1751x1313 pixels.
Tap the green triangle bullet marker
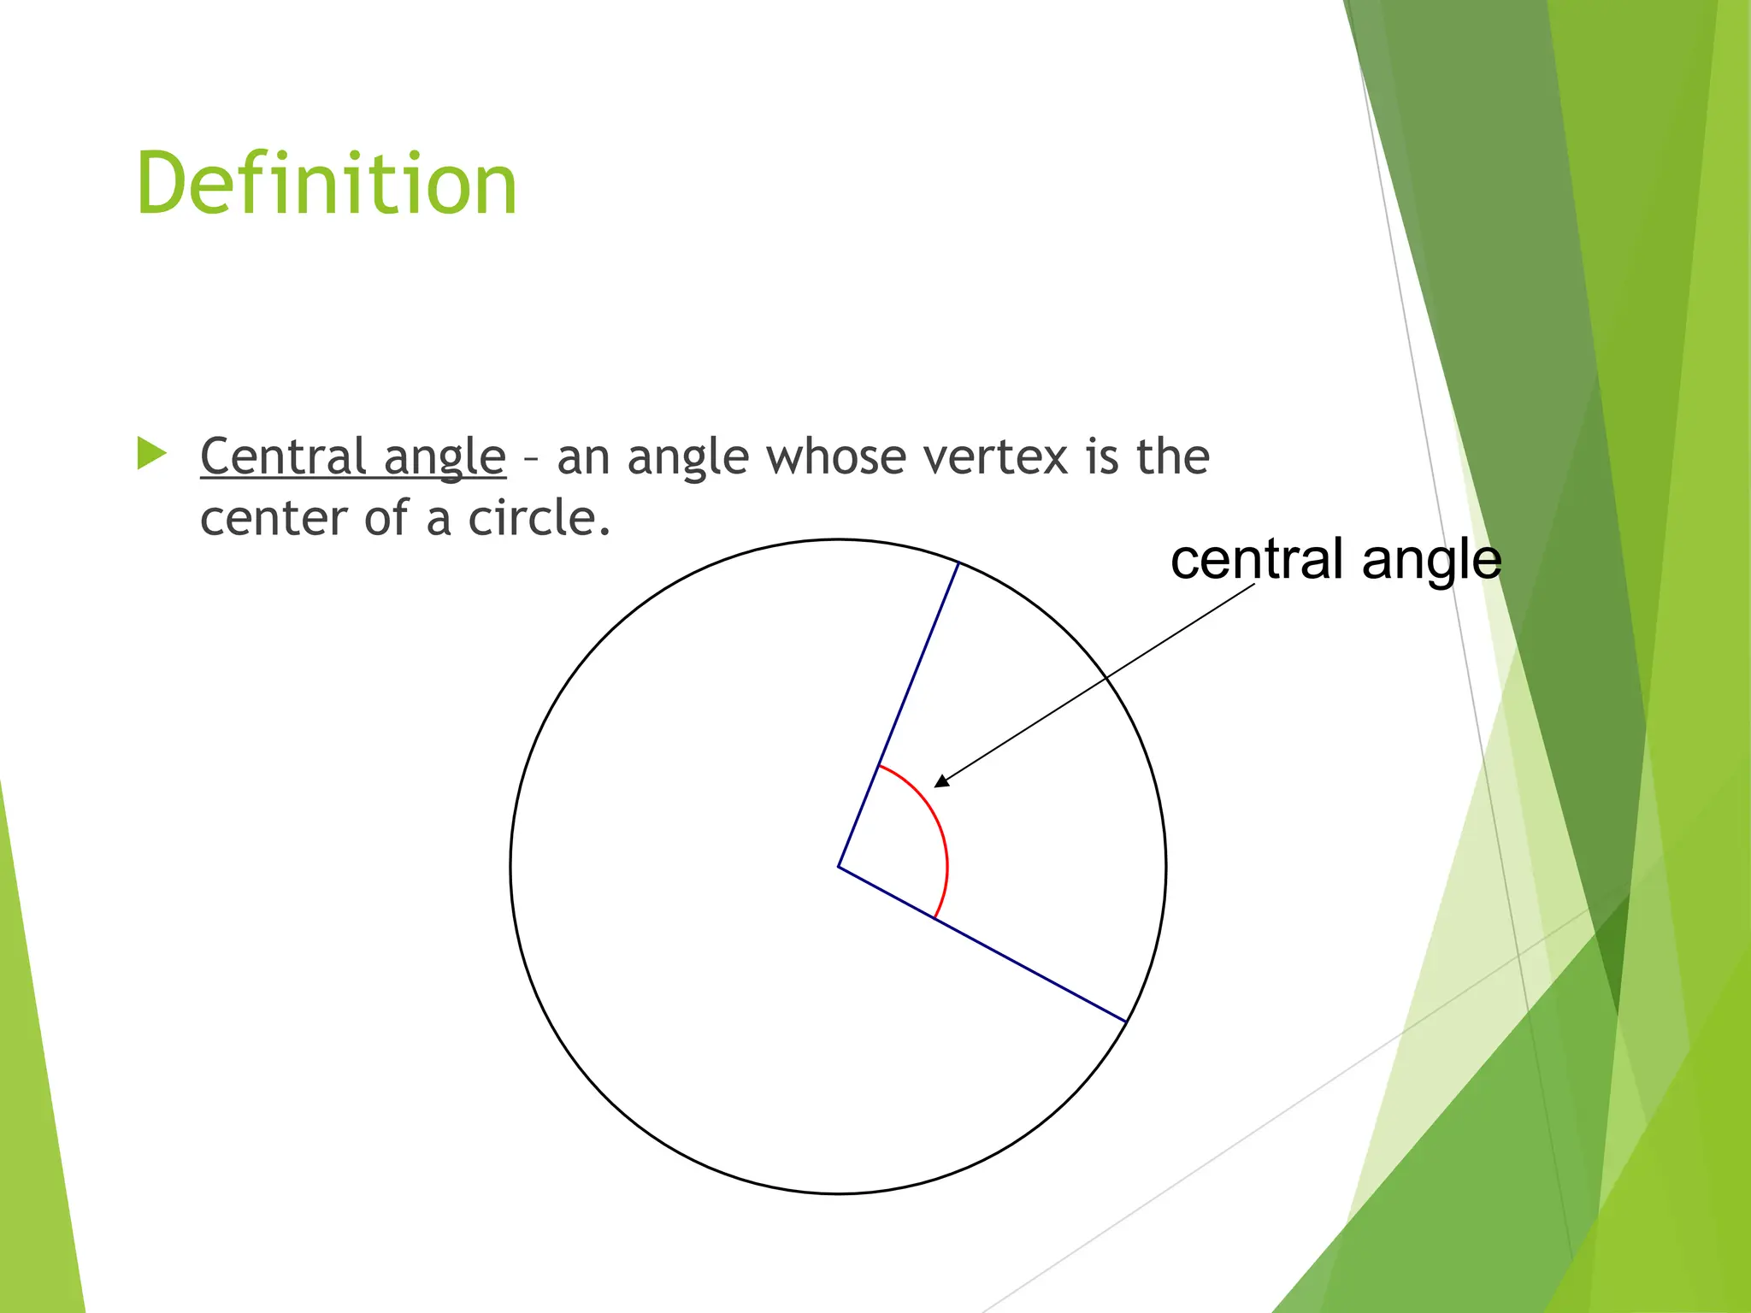click(x=151, y=454)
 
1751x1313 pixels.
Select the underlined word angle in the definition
click(x=445, y=458)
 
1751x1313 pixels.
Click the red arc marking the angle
click(x=940, y=829)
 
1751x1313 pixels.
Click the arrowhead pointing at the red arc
click(x=941, y=780)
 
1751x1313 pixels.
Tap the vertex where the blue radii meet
click(x=838, y=867)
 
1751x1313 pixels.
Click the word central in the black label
click(x=1257, y=560)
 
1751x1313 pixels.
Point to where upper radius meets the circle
click(x=958, y=563)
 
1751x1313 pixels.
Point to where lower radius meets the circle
click(x=1126, y=1022)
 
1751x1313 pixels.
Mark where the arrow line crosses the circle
click(x=1105, y=677)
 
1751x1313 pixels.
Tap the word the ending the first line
click(x=1172, y=456)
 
